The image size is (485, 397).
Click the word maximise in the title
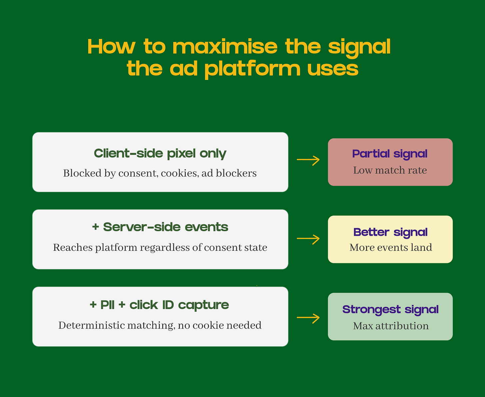point(225,47)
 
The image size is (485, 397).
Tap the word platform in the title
point(252,69)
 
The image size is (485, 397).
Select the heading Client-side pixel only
point(160,153)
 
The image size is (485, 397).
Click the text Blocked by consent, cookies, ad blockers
point(160,173)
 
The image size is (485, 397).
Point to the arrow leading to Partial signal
point(308,160)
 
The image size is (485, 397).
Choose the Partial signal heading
point(390,154)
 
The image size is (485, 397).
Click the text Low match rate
point(390,170)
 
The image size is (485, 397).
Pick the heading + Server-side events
point(160,227)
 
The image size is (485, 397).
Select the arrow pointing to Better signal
point(308,238)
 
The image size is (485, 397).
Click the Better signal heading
point(390,232)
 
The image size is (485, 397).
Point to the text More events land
point(390,247)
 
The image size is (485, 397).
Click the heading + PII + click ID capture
point(159,305)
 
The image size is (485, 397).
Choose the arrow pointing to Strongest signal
point(308,317)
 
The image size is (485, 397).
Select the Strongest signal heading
point(390,309)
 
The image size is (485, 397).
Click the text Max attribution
point(390,326)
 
